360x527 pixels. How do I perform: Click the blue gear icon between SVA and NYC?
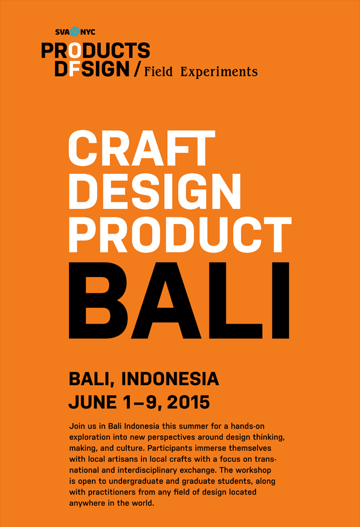tap(75, 31)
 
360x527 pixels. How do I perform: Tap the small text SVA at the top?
tap(63, 32)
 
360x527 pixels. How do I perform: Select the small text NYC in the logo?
tap(88, 32)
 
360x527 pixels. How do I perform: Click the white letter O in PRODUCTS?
tap(75, 51)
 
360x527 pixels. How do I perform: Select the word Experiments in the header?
tap(219, 72)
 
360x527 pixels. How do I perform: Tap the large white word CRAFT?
tap(142, 149)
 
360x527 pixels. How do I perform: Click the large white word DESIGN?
tap(155, 191)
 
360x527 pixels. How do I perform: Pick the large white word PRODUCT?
tap(180, 235)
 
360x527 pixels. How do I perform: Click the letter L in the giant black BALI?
tap(236, 301)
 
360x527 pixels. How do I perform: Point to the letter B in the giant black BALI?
tap(98, 301)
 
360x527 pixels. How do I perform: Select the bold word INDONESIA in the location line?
tap(170, 379)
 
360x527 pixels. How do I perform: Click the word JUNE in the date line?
tap(92, 402)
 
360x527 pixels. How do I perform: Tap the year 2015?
tap(188, 402)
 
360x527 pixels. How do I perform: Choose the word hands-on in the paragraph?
tap(248, 426)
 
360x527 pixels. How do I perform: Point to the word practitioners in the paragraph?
tap(109, 493)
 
